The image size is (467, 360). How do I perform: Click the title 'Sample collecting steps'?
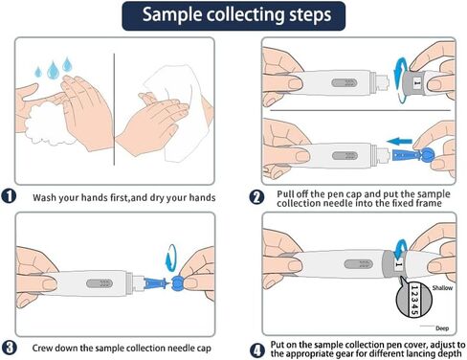point(236,15)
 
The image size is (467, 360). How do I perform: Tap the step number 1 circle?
point(9,196)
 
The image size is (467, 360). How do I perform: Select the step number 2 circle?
point(256,197)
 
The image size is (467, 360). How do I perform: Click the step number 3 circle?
point(9,348)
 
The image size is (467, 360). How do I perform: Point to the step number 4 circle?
point(256,350)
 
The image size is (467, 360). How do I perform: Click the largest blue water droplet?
point(53,70)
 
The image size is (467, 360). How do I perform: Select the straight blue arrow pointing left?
point(399,141)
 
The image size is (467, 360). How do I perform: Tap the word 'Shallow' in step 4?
point(442,288)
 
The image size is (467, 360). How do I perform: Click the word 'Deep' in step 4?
point(442,328)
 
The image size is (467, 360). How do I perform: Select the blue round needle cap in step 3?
point(178,283)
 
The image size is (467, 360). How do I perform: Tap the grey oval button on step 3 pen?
point(100,283)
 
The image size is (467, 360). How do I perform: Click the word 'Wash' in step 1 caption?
point(44,197)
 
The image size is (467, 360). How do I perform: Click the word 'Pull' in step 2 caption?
point(286,194)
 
